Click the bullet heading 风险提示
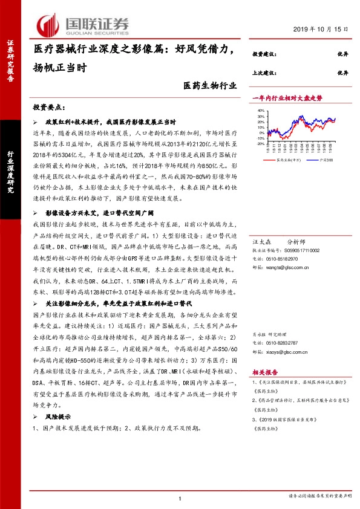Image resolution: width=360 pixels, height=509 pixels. pos(58,417)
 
